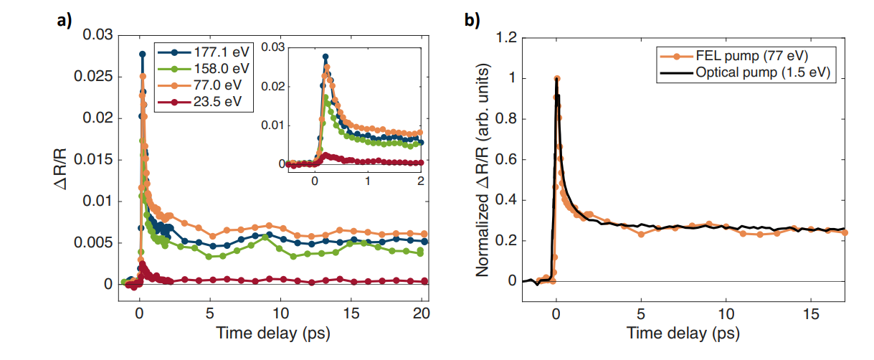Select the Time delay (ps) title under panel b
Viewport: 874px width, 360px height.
(x=683, y=333)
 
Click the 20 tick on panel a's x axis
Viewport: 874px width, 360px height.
(x=422, y=314)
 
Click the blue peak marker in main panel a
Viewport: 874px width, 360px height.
(x=142, y=55)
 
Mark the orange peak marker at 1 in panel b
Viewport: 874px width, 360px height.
(x=556, y=79)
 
